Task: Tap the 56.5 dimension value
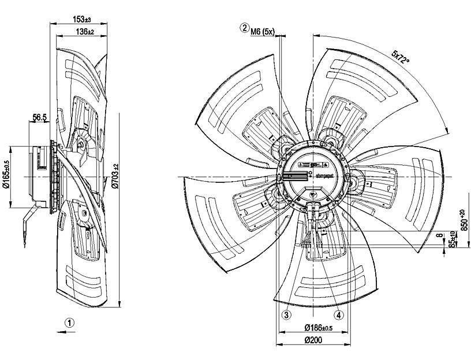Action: [40, 118]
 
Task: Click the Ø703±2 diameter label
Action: [115, 175]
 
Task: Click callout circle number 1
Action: [69, 323]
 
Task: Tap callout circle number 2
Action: [245, 28]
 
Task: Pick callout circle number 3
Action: [286, 315]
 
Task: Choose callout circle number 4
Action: [339, 315]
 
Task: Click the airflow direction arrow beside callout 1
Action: [62, 332]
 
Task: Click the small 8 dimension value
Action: [439, 235]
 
